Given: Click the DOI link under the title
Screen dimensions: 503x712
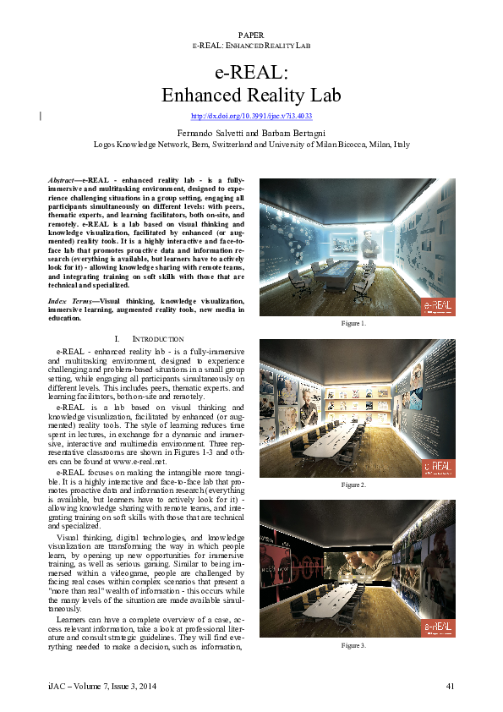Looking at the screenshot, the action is click(x=252, y=116).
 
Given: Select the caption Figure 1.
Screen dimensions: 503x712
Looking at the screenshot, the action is click(x=353, y=324).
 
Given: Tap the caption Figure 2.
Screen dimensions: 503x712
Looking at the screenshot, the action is click(x=353, y=485).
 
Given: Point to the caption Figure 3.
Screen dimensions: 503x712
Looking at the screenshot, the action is click(x=353, y=645).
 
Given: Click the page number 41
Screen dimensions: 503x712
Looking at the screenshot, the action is click(x=451, y=685).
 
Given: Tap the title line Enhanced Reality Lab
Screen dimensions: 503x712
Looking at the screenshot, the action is click(x=251, y=94).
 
